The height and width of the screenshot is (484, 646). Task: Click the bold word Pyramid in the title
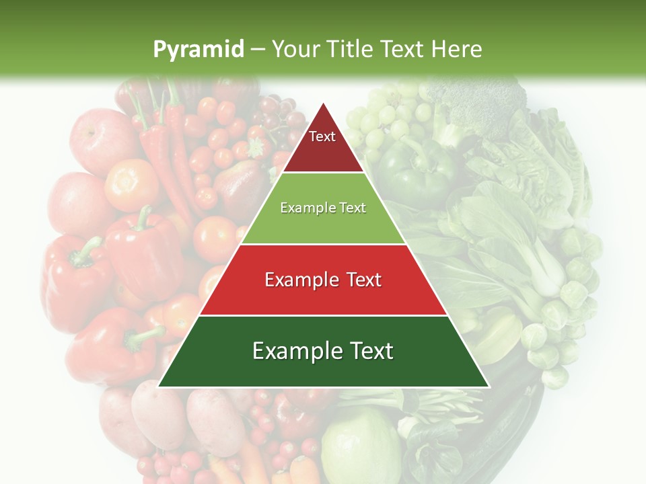coord(198,49)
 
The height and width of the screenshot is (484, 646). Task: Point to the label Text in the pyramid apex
coord(322,136)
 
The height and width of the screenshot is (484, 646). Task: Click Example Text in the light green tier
coord(323,208)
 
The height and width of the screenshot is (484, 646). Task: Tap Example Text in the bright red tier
coord(323,280)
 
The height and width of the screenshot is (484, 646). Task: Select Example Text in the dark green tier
coord(323,351)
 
